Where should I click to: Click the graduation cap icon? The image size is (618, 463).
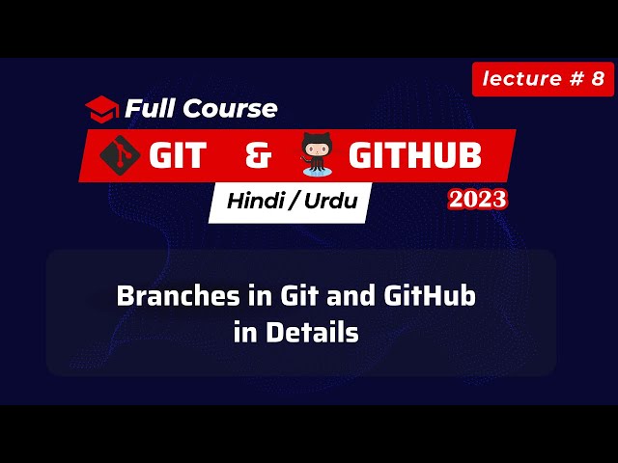(x=101, y=106)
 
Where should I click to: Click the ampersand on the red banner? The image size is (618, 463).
(x=260, y=155)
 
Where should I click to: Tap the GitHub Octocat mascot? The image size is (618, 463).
(x=318, y=155)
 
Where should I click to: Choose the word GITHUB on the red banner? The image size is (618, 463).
(x=415, y=155)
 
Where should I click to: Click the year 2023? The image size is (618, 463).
(x=477, y=200)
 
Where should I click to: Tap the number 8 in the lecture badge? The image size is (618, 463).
(x=598, y=79)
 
